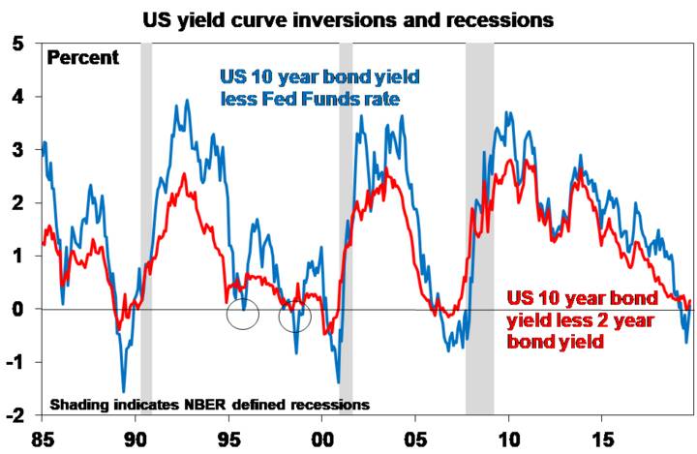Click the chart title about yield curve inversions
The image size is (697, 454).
[354, 19]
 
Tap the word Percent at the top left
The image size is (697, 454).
[83, 58]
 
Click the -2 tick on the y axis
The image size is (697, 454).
[15, 415]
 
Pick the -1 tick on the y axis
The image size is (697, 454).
[15, 362]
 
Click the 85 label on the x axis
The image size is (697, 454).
[42, 439]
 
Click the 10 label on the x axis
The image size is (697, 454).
[508, 439]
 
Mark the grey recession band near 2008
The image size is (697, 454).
[479, 232]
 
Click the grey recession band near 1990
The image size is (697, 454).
[146, 232]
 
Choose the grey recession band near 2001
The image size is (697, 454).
[346, 232]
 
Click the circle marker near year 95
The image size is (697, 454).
[243, 315]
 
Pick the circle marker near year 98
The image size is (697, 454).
[294, 316]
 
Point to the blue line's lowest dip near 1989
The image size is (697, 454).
[124, 390]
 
